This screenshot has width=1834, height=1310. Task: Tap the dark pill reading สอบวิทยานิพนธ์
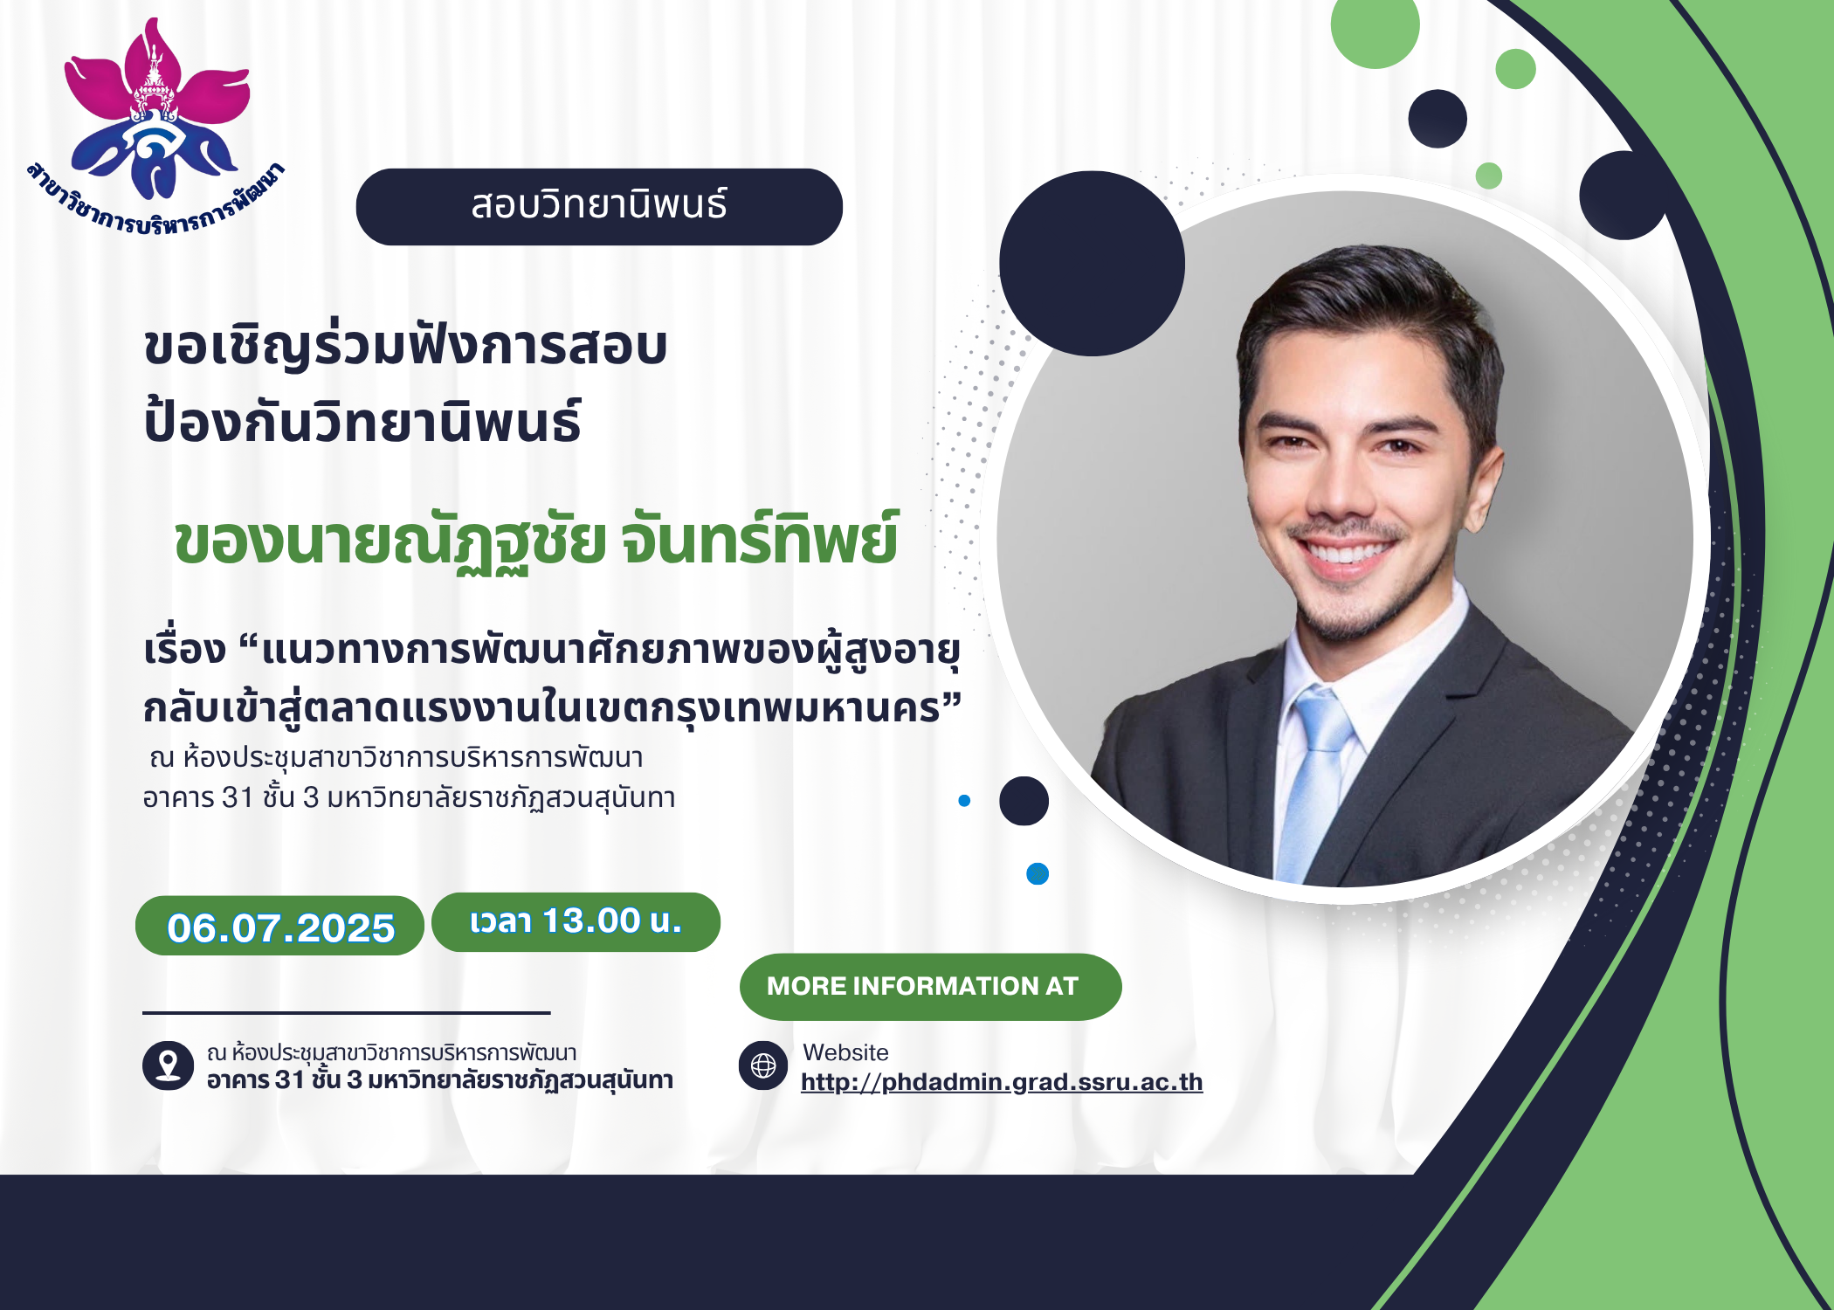pyautogui.click(x=599, y=207)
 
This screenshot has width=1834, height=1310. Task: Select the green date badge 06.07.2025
pyautogui.click(x=279, y=926)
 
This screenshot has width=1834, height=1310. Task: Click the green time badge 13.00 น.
pyautogui.click(x=576, y=922)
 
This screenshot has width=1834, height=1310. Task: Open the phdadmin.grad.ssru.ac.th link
pyautogui.click(x=1002, y=1082)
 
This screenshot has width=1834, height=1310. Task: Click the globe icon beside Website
pyautogui.click(x=763, y=1065)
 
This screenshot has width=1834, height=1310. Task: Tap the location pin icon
pyautogui.click(x=168, y=1065)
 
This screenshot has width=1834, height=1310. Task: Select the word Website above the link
pyautogui.click(x=845, y=1052)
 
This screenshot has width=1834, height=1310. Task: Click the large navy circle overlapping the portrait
pyautogui.click(x=1092, y=264)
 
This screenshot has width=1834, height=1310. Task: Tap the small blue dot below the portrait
pyautogui.click(x=1038, y=874)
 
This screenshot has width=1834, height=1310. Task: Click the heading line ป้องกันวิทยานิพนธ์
pyautogui.click(x=362, y=421)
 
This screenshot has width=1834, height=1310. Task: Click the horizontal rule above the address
pyautogui.click(x=347, y=1013)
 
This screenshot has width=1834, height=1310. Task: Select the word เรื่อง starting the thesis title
pyautogui.click(x=184, y=651)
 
